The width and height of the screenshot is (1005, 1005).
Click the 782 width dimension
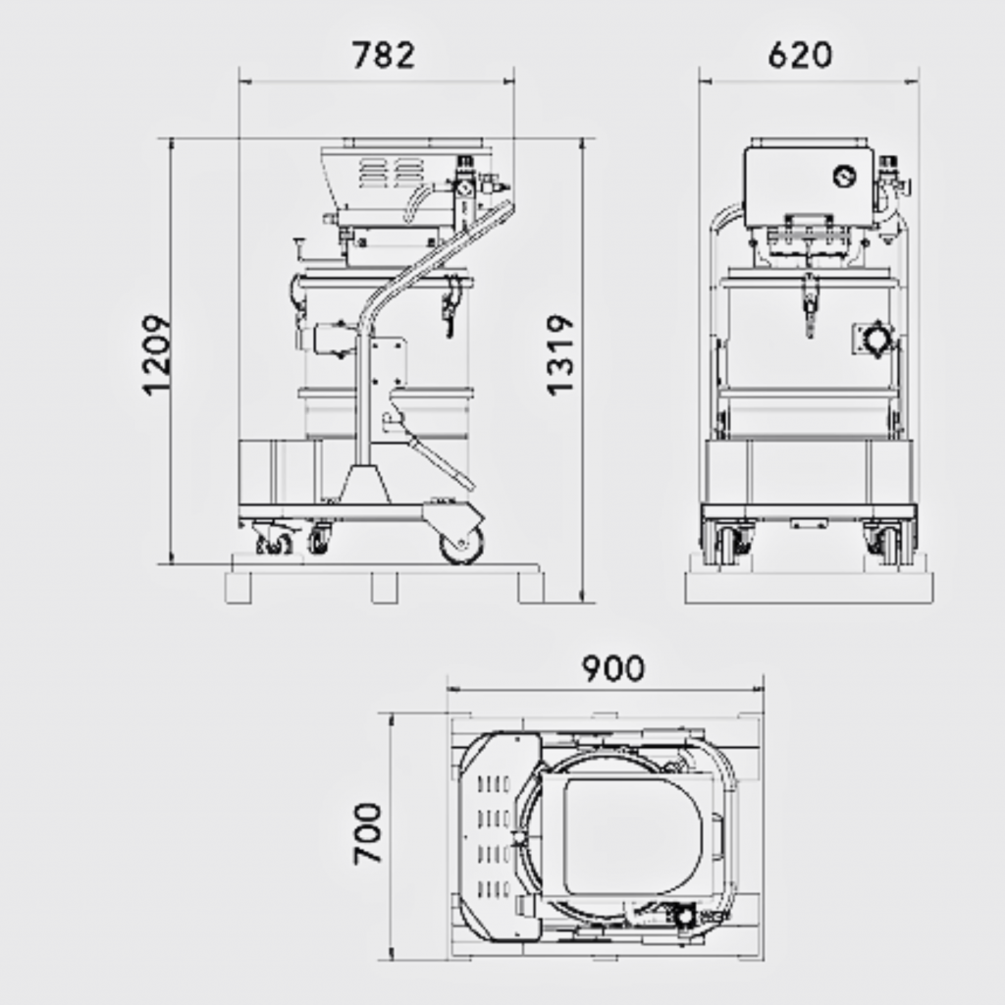(x=384, y=55)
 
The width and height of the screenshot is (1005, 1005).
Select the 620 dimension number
(x=800, y=55)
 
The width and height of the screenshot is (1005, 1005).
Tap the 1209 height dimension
(x=156, y=354)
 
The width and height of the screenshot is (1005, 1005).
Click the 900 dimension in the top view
(x=613, y=668)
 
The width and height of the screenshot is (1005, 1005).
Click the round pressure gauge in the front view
(x=844, y=176)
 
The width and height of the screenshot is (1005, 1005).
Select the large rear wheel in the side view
(x=461, y=544)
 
